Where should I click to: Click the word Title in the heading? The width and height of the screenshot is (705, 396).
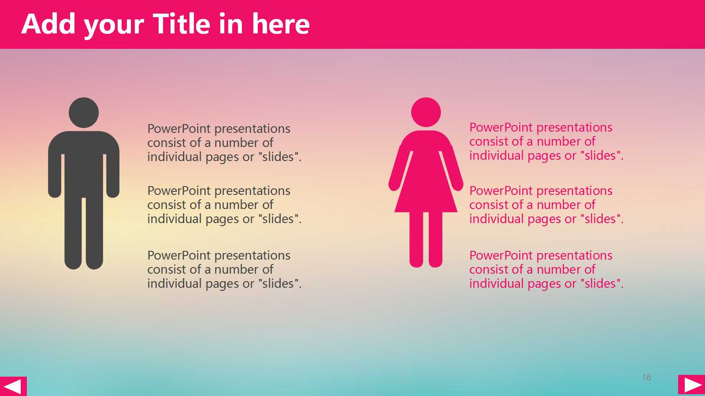point(181,24)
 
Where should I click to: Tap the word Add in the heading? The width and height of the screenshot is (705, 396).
point(48,24)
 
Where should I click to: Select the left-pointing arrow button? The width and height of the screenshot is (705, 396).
point(13,386)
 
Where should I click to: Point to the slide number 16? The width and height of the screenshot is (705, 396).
point(646,378)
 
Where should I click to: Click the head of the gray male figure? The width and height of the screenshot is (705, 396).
point(84,113)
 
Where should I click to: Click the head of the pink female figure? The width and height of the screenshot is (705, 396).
point(426,112)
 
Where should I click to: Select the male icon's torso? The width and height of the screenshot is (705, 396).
point(84,163)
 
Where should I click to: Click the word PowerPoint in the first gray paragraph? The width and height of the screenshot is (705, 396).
point(179,128)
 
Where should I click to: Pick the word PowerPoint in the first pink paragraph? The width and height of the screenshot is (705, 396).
point(501,127)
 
